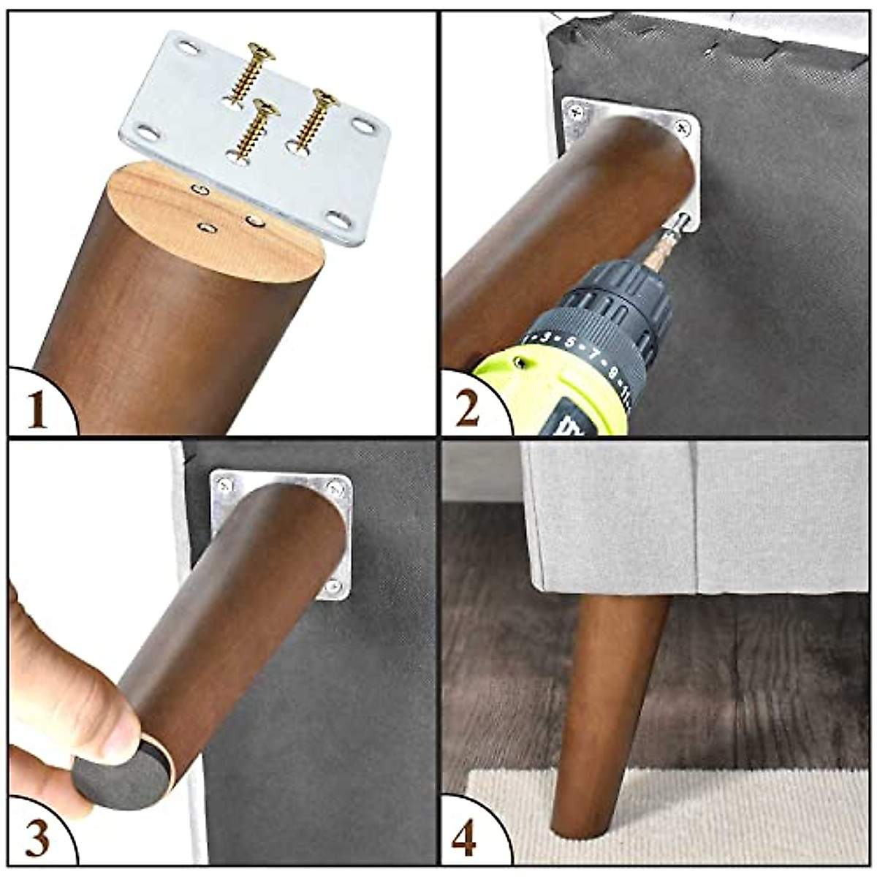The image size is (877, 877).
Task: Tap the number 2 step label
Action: click(x=468, y=409)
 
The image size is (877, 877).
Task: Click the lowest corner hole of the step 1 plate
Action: click(x=337, y=218)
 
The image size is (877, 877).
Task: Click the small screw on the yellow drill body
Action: click(x=520, y=362)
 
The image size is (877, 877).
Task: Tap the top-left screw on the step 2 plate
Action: click(x=577, y=113)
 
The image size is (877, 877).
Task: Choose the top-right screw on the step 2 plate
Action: click(x=683, y=129)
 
